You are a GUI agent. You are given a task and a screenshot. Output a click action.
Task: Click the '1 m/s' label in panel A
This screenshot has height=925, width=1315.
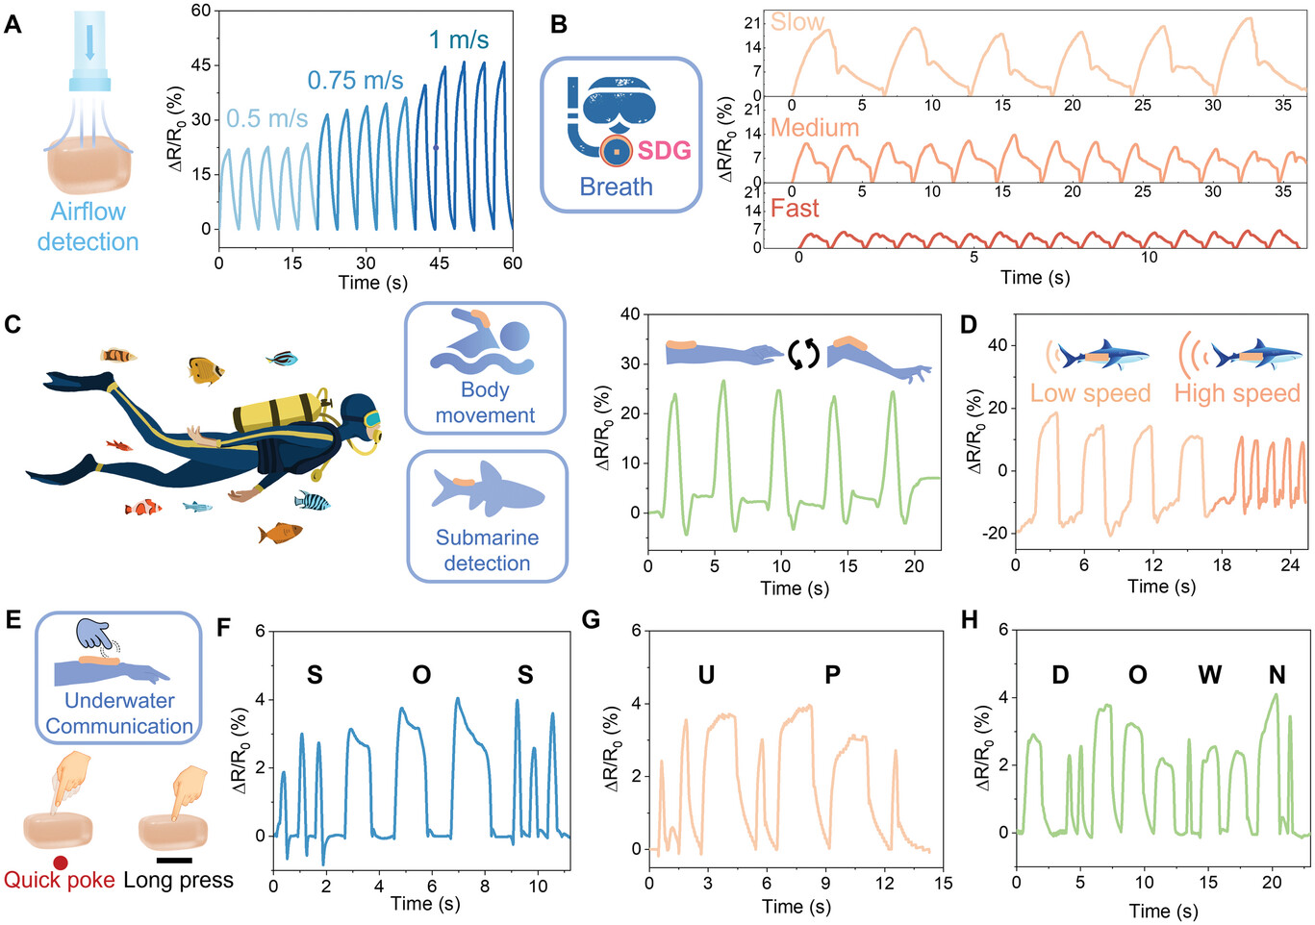[458, 40]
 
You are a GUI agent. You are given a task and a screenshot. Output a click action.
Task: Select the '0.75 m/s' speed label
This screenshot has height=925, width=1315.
[355, 81]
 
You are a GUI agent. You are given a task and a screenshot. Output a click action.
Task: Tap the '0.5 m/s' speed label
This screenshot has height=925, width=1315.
[266, 119]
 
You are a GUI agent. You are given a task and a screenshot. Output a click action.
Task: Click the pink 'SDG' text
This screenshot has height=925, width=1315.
[664, 150]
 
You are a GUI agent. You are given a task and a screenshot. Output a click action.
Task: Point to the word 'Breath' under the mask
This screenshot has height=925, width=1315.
[616, 187]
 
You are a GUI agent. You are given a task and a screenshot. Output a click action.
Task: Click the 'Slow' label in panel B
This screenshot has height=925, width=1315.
[797, 22]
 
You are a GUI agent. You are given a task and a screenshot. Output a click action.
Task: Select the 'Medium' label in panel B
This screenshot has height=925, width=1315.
[814, 128]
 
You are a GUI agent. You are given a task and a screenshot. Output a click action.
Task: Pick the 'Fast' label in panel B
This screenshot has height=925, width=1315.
[795, 209]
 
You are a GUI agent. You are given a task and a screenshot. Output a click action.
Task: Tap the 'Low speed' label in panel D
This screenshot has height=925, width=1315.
[1090, 393]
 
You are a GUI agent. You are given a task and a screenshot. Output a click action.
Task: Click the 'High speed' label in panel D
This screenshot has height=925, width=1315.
[1237, 393]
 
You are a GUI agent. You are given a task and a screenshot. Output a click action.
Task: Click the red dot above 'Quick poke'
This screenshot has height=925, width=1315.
[60, 862]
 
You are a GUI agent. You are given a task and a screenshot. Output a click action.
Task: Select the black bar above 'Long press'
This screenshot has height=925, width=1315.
[173, 861]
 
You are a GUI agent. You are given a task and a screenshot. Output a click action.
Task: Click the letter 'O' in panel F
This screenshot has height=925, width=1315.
[421, 675]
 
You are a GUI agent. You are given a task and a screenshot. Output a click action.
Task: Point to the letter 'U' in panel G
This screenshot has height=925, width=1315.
[706, 675]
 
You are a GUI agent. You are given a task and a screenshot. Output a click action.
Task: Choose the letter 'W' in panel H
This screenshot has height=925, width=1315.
[1209, 675]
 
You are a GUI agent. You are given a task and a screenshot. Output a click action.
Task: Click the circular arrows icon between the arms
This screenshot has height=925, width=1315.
[803, 354]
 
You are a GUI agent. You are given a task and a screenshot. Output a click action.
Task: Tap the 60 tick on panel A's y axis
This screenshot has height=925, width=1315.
[201, 11]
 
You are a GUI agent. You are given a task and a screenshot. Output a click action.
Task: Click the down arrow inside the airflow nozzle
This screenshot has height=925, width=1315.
[89, 42]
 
